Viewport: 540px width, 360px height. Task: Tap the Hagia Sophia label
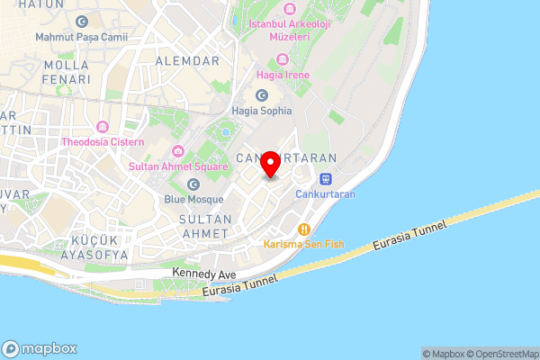point(262,111)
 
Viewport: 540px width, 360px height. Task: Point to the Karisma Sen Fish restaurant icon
point(305,229)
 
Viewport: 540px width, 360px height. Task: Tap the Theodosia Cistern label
point(103,141)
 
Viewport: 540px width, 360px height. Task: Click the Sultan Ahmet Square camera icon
point(177,150)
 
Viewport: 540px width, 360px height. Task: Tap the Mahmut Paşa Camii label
point(81,38)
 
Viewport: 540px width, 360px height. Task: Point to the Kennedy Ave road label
point(205,274)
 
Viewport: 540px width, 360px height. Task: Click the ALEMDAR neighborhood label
point(187,60)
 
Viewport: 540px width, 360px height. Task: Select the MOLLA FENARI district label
point(60,73)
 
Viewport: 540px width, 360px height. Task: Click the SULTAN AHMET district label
point(206,226)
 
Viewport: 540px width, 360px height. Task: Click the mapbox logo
point(40,349)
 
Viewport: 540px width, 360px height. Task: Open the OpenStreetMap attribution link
point(500,354)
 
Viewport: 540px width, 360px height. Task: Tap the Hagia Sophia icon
point(262,94)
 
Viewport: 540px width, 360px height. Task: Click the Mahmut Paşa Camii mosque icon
point(82,21)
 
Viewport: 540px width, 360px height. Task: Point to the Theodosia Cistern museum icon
point(103,125)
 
